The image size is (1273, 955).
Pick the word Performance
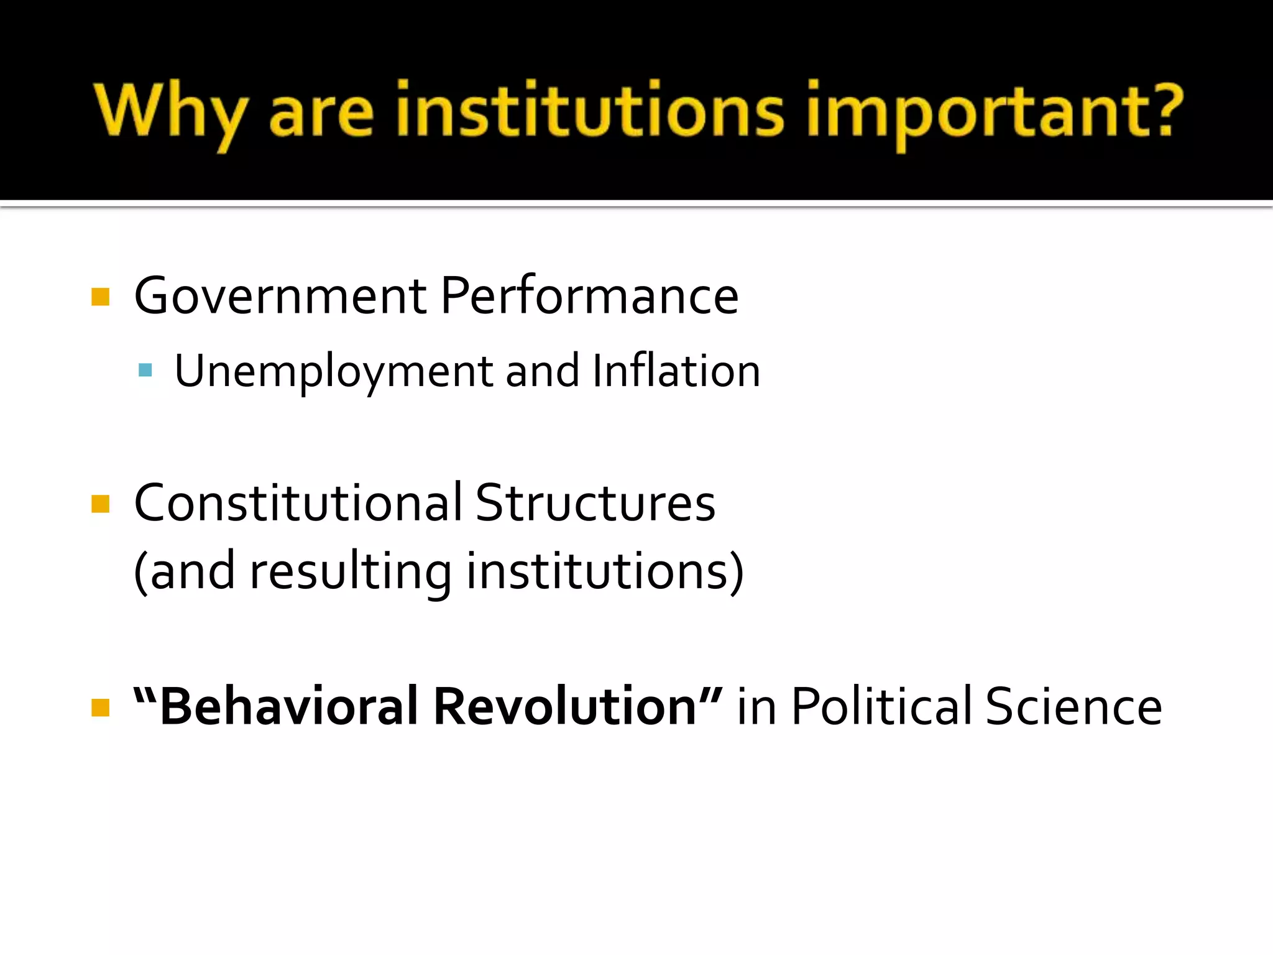pos(589,296)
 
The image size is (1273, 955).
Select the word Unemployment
pos(334,372)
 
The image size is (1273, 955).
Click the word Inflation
pos(676,371)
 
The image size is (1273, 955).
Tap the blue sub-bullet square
pos(145,371)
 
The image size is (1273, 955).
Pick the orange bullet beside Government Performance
pos(100,297)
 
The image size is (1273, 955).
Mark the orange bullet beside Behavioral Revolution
pos(100,708)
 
